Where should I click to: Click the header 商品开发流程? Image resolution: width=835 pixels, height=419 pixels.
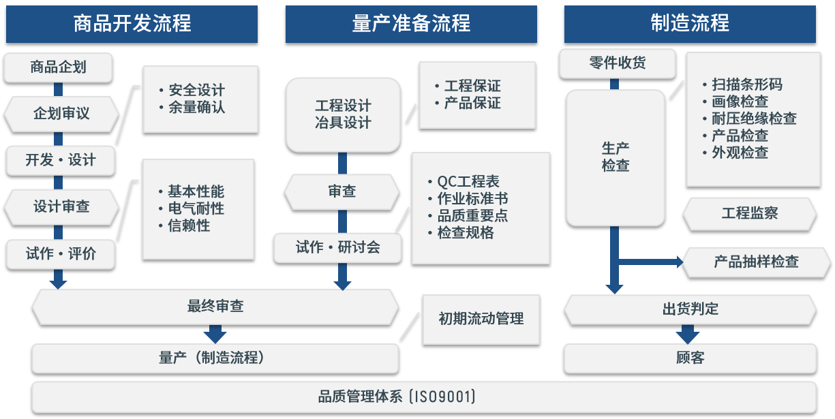132,24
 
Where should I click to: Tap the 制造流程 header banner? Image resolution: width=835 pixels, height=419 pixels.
690,24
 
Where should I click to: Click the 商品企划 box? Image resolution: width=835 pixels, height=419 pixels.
58,67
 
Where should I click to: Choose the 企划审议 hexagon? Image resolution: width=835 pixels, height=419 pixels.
61,114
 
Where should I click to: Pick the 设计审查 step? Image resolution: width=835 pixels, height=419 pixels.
61,207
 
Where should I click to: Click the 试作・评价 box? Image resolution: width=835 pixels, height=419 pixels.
61,254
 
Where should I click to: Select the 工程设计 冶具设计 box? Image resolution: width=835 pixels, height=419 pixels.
343,114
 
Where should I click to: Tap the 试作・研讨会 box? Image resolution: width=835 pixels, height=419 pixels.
337,247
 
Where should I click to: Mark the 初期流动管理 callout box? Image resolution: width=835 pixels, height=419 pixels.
481,319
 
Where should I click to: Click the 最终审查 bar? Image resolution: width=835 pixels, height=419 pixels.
215,307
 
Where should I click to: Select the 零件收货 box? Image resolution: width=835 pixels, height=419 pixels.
618,63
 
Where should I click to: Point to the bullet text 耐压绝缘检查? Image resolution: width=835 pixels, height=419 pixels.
749,119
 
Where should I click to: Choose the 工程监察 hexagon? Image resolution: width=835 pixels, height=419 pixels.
749,214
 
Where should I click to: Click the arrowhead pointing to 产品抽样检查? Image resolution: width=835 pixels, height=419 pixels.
678,262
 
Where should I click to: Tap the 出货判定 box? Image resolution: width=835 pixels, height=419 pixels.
690,309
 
